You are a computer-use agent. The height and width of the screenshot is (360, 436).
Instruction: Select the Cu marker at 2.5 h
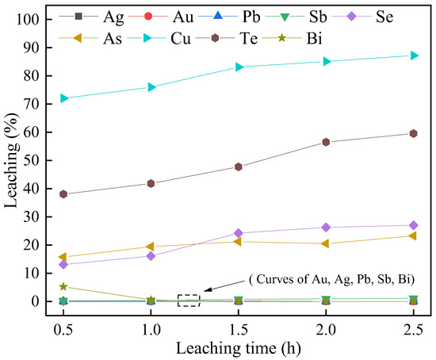[414, 56]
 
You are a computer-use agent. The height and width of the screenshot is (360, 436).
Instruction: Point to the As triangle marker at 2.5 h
[414, 236]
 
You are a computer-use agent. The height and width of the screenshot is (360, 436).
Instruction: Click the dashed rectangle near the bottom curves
[189, 301]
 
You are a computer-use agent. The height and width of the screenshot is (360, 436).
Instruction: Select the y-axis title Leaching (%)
[13, 160]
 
